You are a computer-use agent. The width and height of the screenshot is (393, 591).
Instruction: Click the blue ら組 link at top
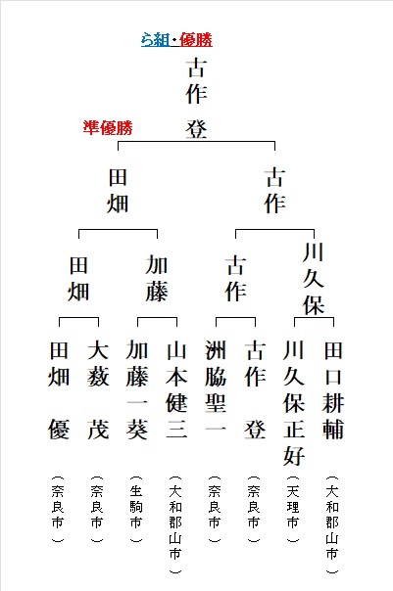[x=155, y=40]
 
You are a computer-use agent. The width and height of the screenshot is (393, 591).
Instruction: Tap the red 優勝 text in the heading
[x=196, y=40]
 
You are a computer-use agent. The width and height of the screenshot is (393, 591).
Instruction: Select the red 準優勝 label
[x=108, y=128]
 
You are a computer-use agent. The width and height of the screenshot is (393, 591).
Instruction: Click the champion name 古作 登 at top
[x=197, y=98]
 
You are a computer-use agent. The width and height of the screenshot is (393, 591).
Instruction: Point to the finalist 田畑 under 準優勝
[x=118, y=191]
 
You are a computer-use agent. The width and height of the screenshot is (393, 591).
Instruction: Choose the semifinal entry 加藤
[x=157, y=279]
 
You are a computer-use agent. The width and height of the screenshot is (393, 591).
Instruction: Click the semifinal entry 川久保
[x=314, y=279]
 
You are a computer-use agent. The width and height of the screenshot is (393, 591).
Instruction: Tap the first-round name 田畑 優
[x=59, y=390]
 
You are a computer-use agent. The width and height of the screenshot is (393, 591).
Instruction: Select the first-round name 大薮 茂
[x=98, y=390]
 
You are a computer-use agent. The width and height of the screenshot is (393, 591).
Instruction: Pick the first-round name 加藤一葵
[x=137, y=390]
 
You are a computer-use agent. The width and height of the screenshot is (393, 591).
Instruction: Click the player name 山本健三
[x=176, y=389]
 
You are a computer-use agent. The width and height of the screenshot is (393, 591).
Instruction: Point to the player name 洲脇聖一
[x=216, y=389]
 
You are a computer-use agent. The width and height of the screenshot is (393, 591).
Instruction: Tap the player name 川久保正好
[x=294, y=403]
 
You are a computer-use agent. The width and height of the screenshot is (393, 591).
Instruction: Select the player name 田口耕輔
[x=333, y=390]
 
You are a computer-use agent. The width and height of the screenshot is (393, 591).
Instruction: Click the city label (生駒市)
[x=136, y=509]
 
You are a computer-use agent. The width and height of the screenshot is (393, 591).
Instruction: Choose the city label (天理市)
[x=293, y=509]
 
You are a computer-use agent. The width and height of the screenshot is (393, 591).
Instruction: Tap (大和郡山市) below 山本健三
[x=175, y=524]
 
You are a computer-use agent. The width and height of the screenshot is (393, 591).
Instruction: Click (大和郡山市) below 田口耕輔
[x=332, y=524]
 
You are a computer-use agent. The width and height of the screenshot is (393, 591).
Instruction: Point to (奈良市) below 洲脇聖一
[x=215, y=509]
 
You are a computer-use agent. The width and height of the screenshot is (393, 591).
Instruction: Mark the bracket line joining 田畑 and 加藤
[x=118, y=229]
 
